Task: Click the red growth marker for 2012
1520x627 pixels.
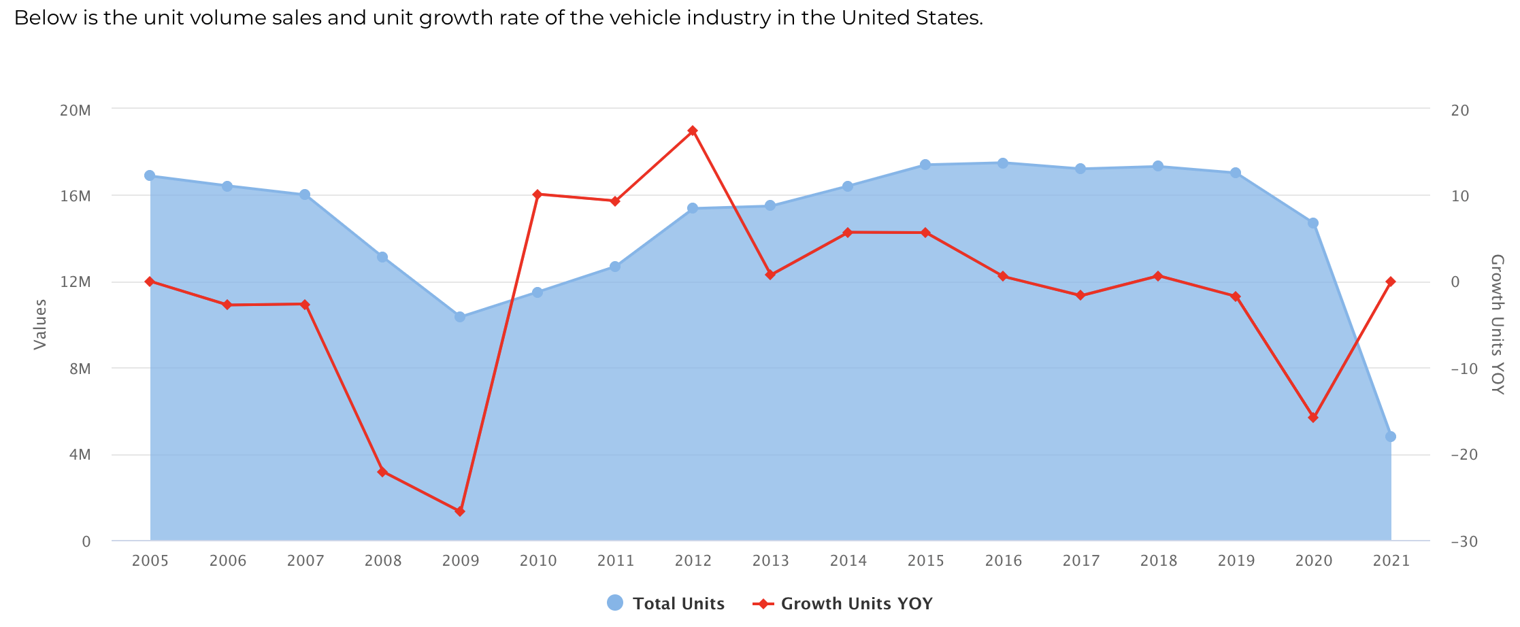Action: (x=693, y=131)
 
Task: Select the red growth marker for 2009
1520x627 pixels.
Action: (x=460, y=511)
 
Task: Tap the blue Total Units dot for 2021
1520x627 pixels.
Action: (x=1391, y=437)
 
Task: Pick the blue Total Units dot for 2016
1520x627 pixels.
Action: (x=1003, y=163)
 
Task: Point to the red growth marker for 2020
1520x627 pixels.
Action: (x=1313, y=417)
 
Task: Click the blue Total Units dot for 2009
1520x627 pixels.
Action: (x=460, y=317)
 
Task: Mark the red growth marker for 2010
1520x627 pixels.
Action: (x=538, y=194)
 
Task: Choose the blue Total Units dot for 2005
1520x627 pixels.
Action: (x=150, y=175)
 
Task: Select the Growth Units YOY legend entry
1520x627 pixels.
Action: (x=844, y=603)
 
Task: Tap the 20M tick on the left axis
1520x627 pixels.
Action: (x=76, y=110)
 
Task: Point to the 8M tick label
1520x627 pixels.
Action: (x=80, y=369)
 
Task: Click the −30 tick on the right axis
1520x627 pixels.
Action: (x=1464, y=542)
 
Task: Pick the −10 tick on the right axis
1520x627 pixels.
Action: (x=1464, y=369)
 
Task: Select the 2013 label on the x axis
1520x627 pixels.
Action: (x=770, y=561)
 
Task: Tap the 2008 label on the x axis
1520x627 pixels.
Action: (x=382, y=561)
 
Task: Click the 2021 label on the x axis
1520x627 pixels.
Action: (x=1391, y=561)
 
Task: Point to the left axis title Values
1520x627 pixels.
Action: (x=41, y=324)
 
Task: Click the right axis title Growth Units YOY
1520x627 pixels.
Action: (x=1497, y=324)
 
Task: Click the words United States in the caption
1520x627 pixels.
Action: (x=911, y=18)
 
